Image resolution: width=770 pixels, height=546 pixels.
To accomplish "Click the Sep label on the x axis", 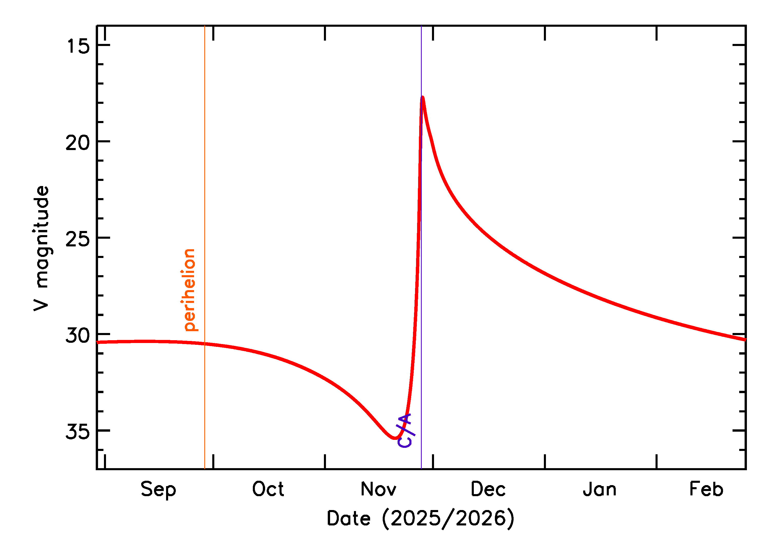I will coord(158,489).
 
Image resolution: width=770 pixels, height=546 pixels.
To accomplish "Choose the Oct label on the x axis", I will coord(268,489).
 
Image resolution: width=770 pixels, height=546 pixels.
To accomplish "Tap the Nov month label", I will coord(378,489).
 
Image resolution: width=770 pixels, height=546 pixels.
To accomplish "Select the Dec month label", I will coord(488,489).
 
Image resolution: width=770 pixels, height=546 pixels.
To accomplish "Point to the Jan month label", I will coord(600,489).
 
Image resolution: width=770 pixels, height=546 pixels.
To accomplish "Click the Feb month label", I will coord(706,489).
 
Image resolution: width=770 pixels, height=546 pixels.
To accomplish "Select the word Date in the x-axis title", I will coord(349,519).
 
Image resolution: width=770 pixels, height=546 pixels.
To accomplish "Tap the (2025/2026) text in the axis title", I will coord(448,519).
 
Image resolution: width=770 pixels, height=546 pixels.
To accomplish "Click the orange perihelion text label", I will coord(190,290).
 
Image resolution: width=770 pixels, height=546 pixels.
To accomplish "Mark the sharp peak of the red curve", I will coord(422,97).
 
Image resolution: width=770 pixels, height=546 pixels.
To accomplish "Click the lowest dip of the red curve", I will coord(395,438).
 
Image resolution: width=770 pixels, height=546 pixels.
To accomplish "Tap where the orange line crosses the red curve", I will coord(205,344).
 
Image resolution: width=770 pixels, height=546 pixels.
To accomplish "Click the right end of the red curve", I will coord(745,340).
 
